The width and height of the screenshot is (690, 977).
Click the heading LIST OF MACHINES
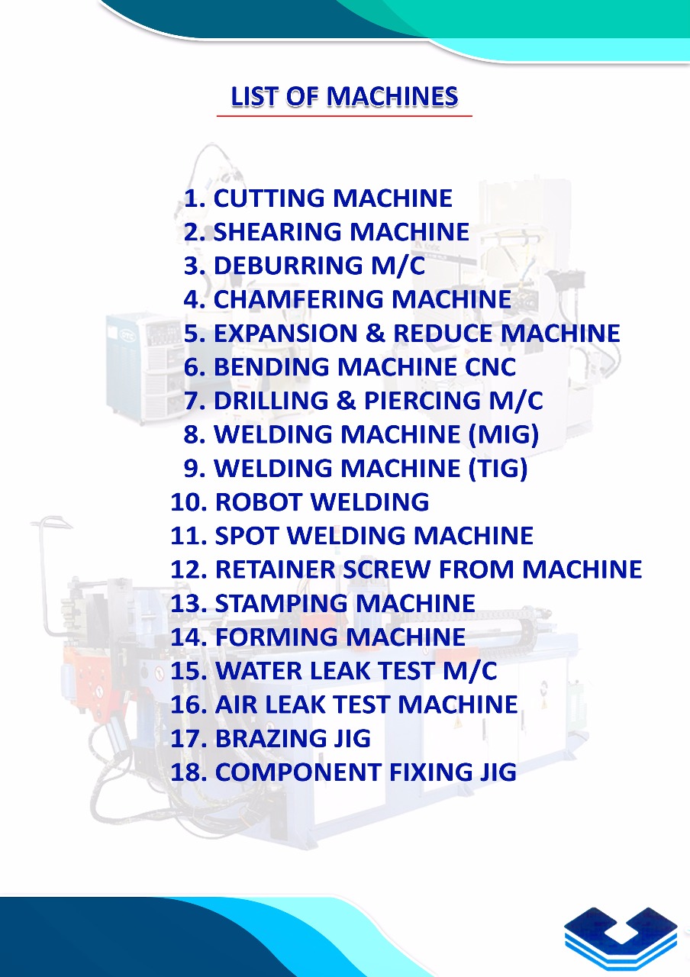[344, 96]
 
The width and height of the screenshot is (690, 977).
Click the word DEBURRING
[288, 266]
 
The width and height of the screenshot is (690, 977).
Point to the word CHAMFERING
[298, 299]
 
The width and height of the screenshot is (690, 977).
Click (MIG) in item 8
[504, 434]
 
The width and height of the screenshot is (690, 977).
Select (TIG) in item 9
[498, 468]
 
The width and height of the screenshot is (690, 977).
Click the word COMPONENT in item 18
[298, 772]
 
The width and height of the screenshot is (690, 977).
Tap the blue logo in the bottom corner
[621, 938]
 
